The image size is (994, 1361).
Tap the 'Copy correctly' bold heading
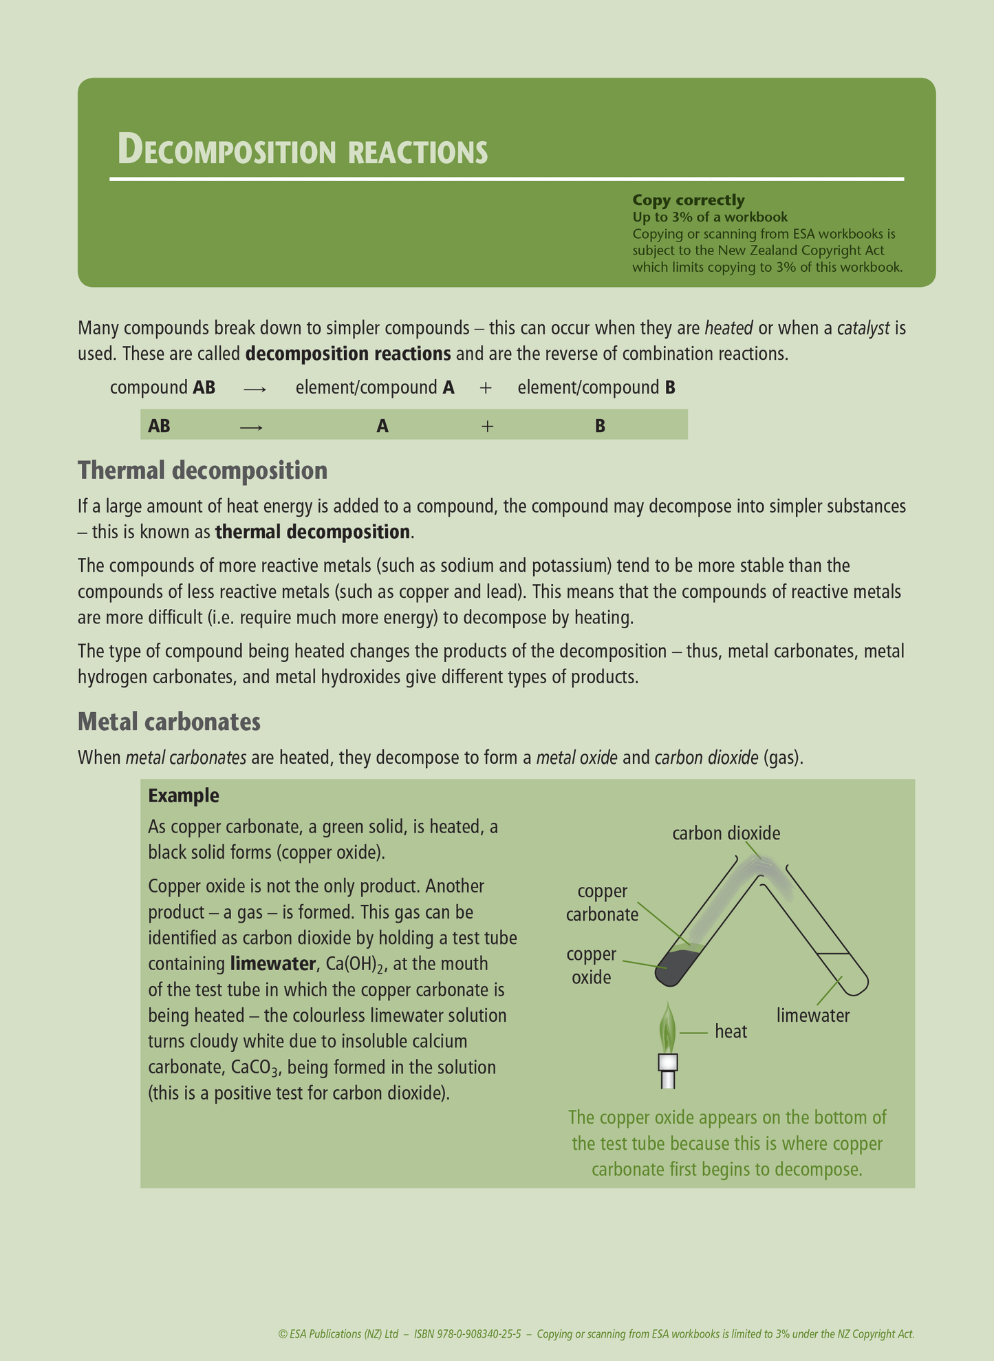click(x=688, y=200)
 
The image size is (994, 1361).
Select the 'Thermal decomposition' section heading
click(x=202, y=471)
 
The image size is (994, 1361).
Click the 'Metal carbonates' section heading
click(x=169, y=722)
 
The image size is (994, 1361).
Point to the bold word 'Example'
click(x=184, y=796)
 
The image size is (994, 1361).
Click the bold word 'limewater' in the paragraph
click(x=272, y=964)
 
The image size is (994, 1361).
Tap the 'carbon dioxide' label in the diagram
click(x=726, y=834)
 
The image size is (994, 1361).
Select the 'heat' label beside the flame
click(x=731, y=1031)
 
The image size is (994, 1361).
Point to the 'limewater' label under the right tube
click(x=813, y=1016)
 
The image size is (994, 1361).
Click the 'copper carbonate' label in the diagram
click(x=602, y=903)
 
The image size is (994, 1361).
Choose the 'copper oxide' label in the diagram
click(x=591, y=965)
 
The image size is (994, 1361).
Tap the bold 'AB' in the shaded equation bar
click(x=159, y=427)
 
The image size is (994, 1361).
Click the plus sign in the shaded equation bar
click(x=487, y=427)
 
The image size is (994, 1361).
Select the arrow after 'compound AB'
click(x=255, y=389)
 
